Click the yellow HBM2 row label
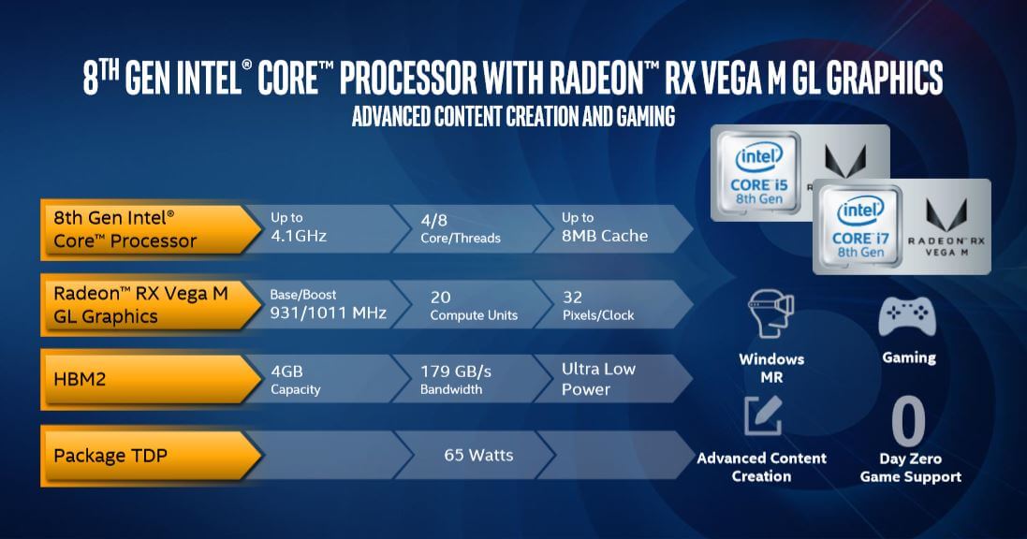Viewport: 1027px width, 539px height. tap(151, 379)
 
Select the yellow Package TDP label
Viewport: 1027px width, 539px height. tap(151, 456)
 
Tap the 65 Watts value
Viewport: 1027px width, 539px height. tap(478, 455)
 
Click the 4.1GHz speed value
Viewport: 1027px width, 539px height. tap(299, 236)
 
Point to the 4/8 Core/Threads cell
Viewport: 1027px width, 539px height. tap(461, 229)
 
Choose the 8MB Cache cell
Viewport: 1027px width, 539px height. tap(605, 227)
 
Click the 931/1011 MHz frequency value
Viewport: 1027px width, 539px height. tap(329, 313)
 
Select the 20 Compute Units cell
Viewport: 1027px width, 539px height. tap(474, 306)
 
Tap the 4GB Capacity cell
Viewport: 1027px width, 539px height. tap(296, 380)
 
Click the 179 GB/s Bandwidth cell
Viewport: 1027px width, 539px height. tap(456, 380)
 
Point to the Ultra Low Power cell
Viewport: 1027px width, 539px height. tap(598, 379)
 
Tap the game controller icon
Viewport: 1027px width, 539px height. tap(907, 317)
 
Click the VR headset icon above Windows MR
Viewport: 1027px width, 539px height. tap(771, 314)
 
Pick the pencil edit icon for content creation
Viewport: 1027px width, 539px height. tap(763, 415)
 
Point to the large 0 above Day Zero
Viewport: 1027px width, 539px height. tap(909, 420)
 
